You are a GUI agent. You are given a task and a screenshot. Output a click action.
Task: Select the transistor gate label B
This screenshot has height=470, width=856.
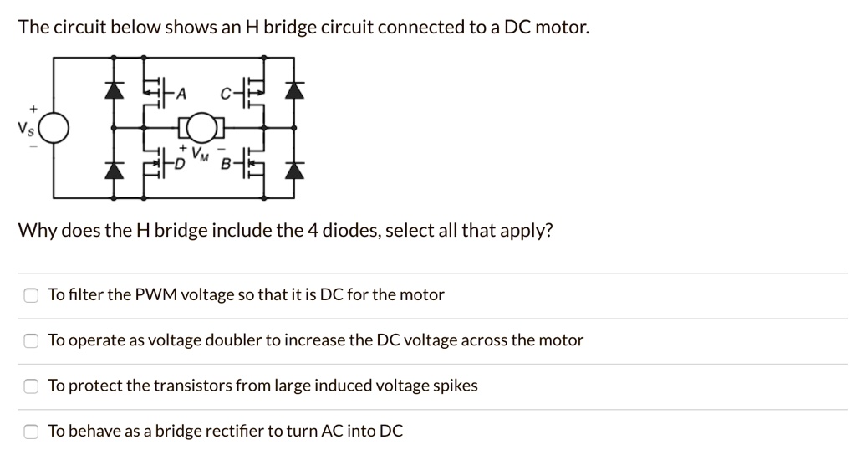(224, 165)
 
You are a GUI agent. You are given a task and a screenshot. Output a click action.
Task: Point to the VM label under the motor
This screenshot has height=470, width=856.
(200, 154)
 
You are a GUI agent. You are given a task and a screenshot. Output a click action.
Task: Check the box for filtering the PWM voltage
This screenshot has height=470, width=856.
(31, 295)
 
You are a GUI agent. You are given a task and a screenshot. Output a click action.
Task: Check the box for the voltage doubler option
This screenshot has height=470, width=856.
(31, 340)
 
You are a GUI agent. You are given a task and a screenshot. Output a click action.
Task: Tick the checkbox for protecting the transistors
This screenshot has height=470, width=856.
(31, 386)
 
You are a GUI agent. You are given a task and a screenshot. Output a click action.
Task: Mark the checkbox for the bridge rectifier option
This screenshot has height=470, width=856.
(31, 432)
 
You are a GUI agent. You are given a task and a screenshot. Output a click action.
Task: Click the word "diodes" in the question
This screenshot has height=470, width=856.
(344, 231)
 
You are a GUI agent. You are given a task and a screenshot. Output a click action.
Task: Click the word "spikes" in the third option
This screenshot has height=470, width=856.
(455, 386)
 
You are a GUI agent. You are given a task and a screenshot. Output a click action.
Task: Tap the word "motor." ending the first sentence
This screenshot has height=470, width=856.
(562, 28)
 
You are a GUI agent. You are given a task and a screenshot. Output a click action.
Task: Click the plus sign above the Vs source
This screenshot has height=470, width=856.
(33, 109)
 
